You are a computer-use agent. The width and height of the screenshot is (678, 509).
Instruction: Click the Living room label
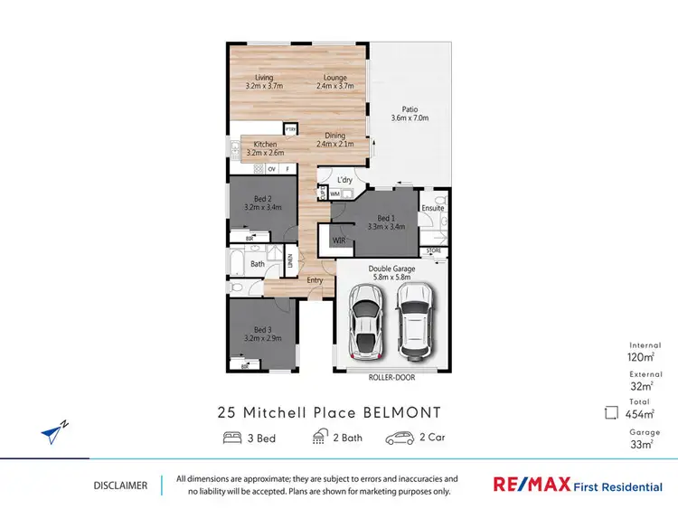(x=264, y=81)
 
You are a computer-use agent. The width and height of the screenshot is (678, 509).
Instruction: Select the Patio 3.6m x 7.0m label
(x=410, y=113)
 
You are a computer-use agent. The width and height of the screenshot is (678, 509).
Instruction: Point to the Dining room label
(x=335, y=140)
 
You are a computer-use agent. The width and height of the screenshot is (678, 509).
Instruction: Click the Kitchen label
(x=264, y=148)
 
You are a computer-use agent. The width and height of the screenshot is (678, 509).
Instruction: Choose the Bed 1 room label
(x=385, y=222)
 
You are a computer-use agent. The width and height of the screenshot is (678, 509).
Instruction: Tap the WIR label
(x=338, y=240)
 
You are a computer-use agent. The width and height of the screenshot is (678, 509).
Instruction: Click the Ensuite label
(x=432, y=208)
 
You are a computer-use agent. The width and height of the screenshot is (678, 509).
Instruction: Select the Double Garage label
(x=391, y=272)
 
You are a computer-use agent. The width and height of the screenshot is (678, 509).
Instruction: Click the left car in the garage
(x=364, y=321)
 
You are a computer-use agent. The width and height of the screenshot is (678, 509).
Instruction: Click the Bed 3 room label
(x=262, y=334)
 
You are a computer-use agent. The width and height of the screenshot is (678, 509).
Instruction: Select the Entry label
(x=315, y=280)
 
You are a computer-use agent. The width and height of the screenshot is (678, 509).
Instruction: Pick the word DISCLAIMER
(x=120, y=485)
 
